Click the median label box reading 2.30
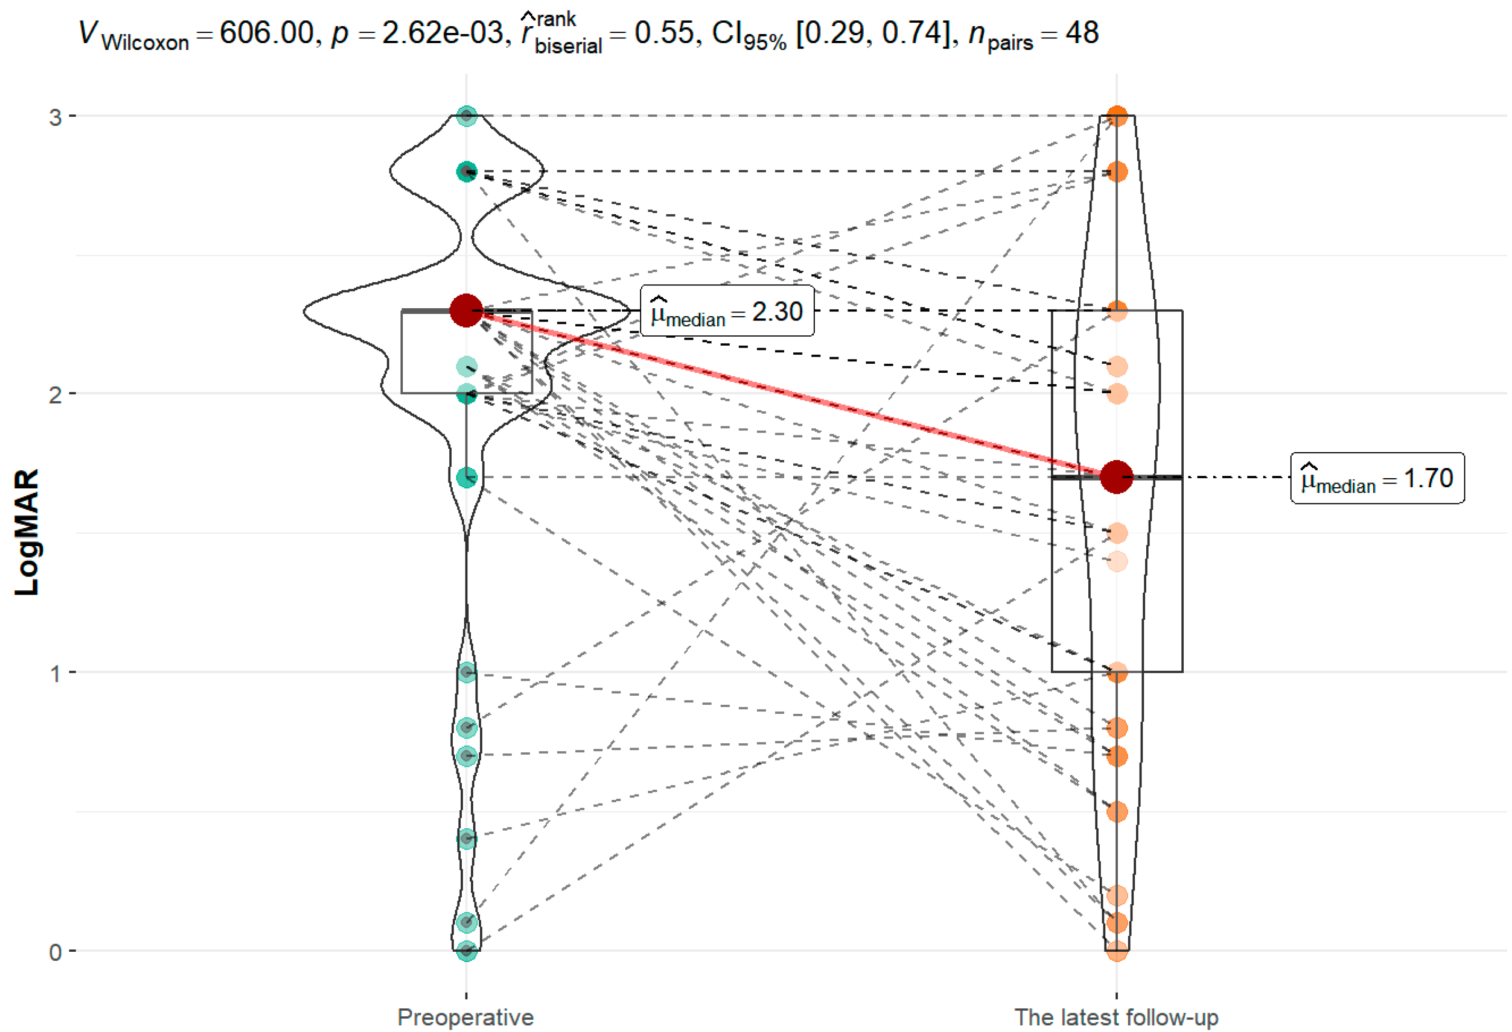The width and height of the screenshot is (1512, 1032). pos(727,311)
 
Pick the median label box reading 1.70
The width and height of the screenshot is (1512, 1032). pos(1377,478)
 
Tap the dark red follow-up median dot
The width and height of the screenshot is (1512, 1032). pos(1116,477)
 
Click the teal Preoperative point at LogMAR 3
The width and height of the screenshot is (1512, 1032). pos(466,116)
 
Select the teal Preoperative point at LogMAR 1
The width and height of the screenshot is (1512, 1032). pos(466,672)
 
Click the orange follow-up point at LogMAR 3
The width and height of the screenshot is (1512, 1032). pos(1116,116)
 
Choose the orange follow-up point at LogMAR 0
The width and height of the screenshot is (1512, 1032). pos(1116,951)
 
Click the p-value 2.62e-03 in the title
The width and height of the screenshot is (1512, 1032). pos(442,32)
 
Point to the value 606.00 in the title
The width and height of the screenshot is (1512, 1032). pos(267,32)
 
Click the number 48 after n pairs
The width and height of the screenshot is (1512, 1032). pos(1081,32)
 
